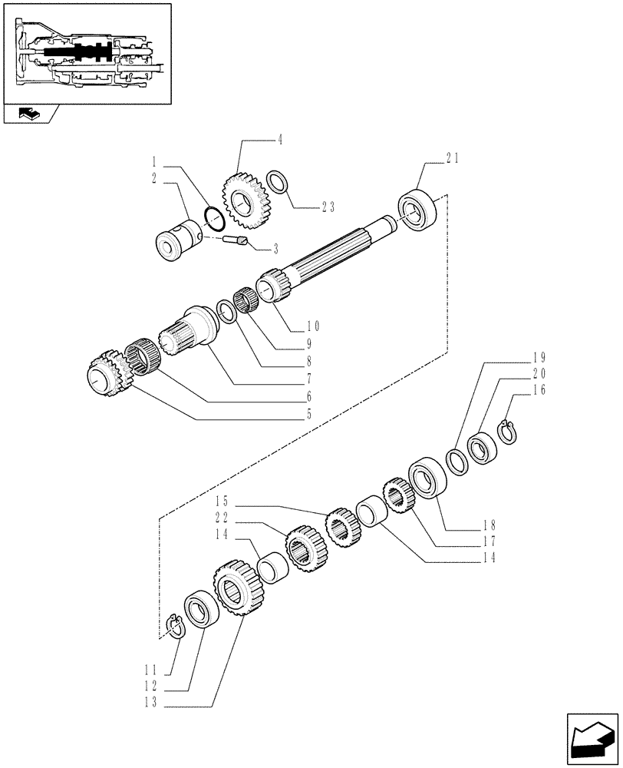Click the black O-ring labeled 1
[x=215, y=218]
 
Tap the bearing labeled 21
[x=417, y=208]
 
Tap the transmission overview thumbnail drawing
[x=87, y=53]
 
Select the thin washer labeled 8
[x=227, y=311]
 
